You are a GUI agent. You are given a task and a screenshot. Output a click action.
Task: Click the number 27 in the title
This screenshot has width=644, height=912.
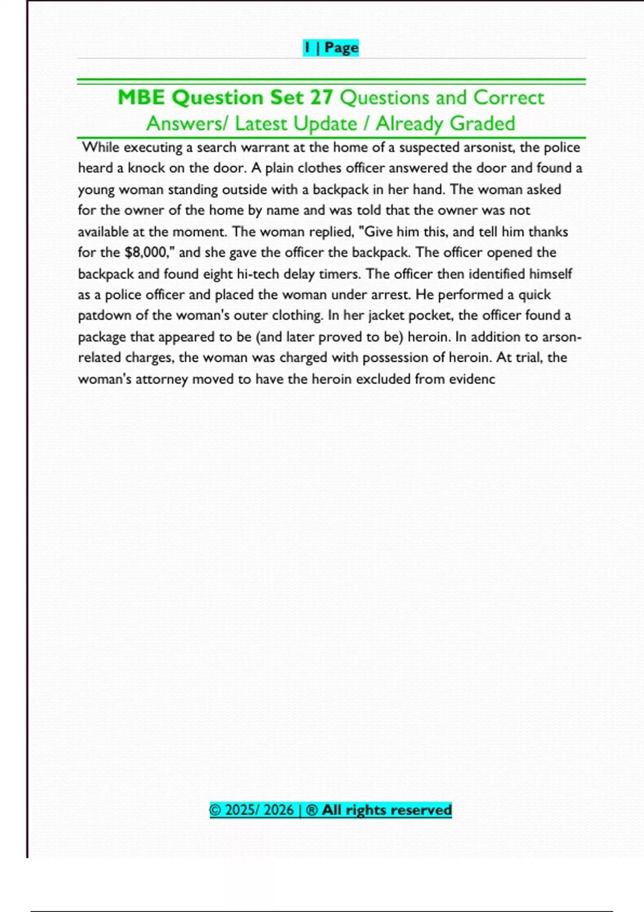tap(320, 98)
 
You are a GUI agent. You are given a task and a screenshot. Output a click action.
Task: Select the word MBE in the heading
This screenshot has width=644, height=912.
tap(141, 98)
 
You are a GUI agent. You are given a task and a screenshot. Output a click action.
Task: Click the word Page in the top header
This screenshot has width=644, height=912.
tap(341, 48)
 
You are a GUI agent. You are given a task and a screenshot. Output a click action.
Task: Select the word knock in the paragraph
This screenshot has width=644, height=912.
tap(145, 168)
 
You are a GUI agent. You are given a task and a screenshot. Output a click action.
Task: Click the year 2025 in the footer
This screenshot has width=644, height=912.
tap(240, 810)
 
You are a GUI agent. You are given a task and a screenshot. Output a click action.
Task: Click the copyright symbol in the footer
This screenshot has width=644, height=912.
tap(215, 810)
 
